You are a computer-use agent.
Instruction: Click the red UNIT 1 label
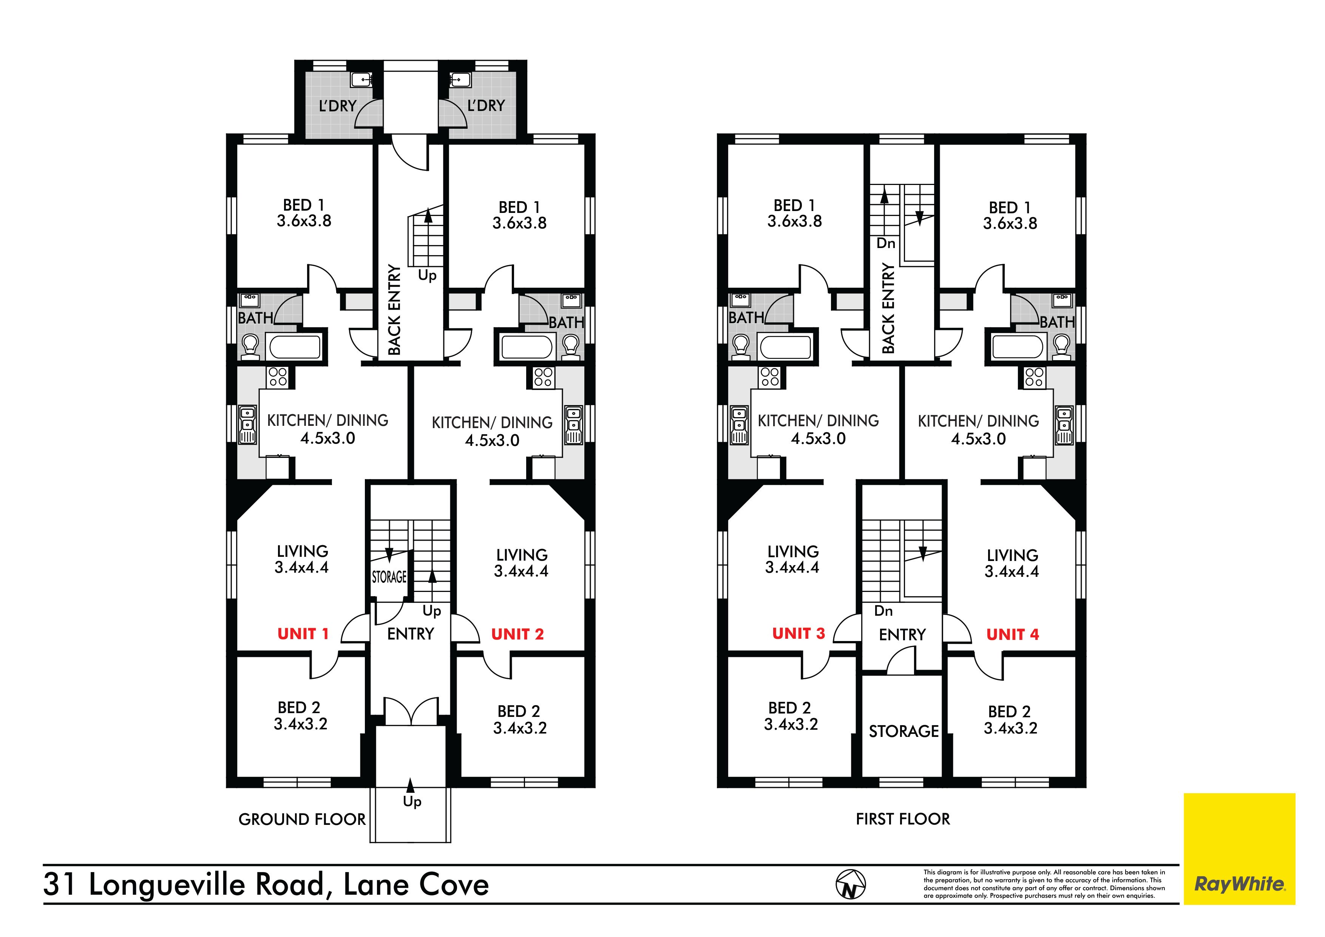click(x=303, y=634)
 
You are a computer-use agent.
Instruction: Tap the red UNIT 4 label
click(x=1012, y=635)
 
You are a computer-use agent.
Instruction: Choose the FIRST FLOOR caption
click(x=903, y=819)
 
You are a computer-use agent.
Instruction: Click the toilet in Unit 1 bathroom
click(x=250, y=347)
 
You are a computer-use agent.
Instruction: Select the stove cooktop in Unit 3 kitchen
click(x=770, y=378)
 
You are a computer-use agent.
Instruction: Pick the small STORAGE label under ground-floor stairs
click(x=389, y=577)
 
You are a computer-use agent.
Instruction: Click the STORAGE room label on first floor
click(x=904, y=732)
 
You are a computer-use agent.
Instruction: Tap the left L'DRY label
click(x=338, y=106)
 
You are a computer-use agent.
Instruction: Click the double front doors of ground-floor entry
click(x=410, y=711)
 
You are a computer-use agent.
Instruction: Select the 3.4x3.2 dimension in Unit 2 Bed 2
click(x=520, y=728)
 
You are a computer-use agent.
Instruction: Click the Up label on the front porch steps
click(x=412, y=801)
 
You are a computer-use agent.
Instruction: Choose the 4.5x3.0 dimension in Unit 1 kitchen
click(x=328, y=439)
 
